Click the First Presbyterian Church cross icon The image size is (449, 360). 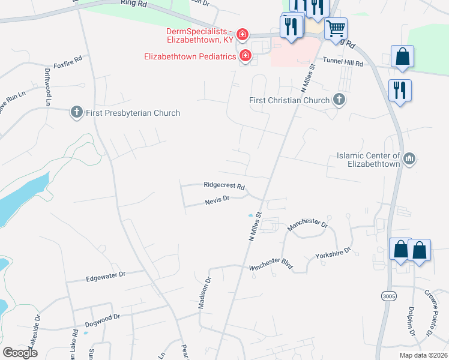point(76,112)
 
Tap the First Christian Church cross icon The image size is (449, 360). point(339,100)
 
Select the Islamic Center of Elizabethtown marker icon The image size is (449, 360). point(410,158)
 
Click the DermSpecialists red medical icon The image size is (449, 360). point(243,35)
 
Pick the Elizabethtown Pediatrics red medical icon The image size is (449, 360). point(245,57)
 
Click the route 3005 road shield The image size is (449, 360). point(388,296)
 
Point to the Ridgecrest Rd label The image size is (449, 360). point(224,186)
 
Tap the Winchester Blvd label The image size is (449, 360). point(271,265)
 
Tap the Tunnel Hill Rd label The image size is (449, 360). point(343,62)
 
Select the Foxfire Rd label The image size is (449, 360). point(67,62)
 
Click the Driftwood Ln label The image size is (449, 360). point(47,87)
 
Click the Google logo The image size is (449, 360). point(20,353)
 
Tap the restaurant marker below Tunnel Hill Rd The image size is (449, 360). point(399,91)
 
